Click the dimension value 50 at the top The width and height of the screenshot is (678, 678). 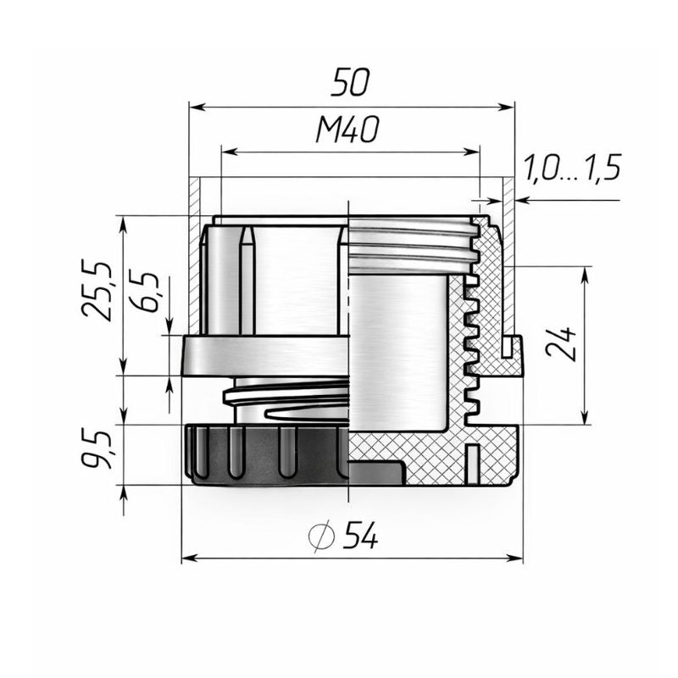click(x=350, y=81)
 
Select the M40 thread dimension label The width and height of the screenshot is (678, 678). click(x=347, y=130)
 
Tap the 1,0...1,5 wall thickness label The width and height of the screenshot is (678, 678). click(x=573, y=168)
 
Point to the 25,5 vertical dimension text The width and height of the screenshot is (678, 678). click(x=97, y=291)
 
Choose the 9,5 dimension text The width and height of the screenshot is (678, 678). click(x=97, y=450)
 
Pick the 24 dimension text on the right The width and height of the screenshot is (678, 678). click(x=561, y=344)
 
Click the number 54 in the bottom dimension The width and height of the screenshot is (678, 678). click(x=361, y=536)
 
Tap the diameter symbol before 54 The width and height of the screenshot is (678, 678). click(x=321, y=536)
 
